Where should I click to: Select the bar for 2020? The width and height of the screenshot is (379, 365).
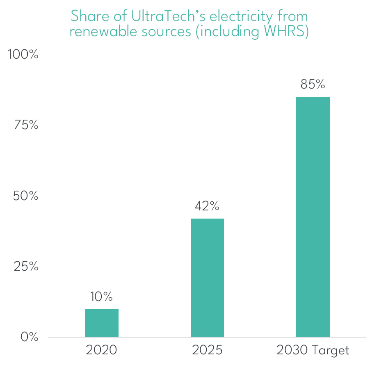click(102, 323)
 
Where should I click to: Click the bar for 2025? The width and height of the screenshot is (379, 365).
click(207, 278)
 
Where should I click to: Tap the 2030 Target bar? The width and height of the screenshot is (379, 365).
click(313, 217)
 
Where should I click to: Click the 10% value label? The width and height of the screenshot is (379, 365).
click(102, 297)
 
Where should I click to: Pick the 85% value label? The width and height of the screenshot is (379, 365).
click(313, 84)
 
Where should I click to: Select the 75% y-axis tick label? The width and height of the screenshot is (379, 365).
click(26, 125)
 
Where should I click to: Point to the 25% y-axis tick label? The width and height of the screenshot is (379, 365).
click(26, 267)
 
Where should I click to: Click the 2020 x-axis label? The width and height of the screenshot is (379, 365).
click(102, 351)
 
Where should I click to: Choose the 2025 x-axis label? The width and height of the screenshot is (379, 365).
click(207, 351)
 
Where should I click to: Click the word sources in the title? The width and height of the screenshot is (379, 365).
click(169, 32)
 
